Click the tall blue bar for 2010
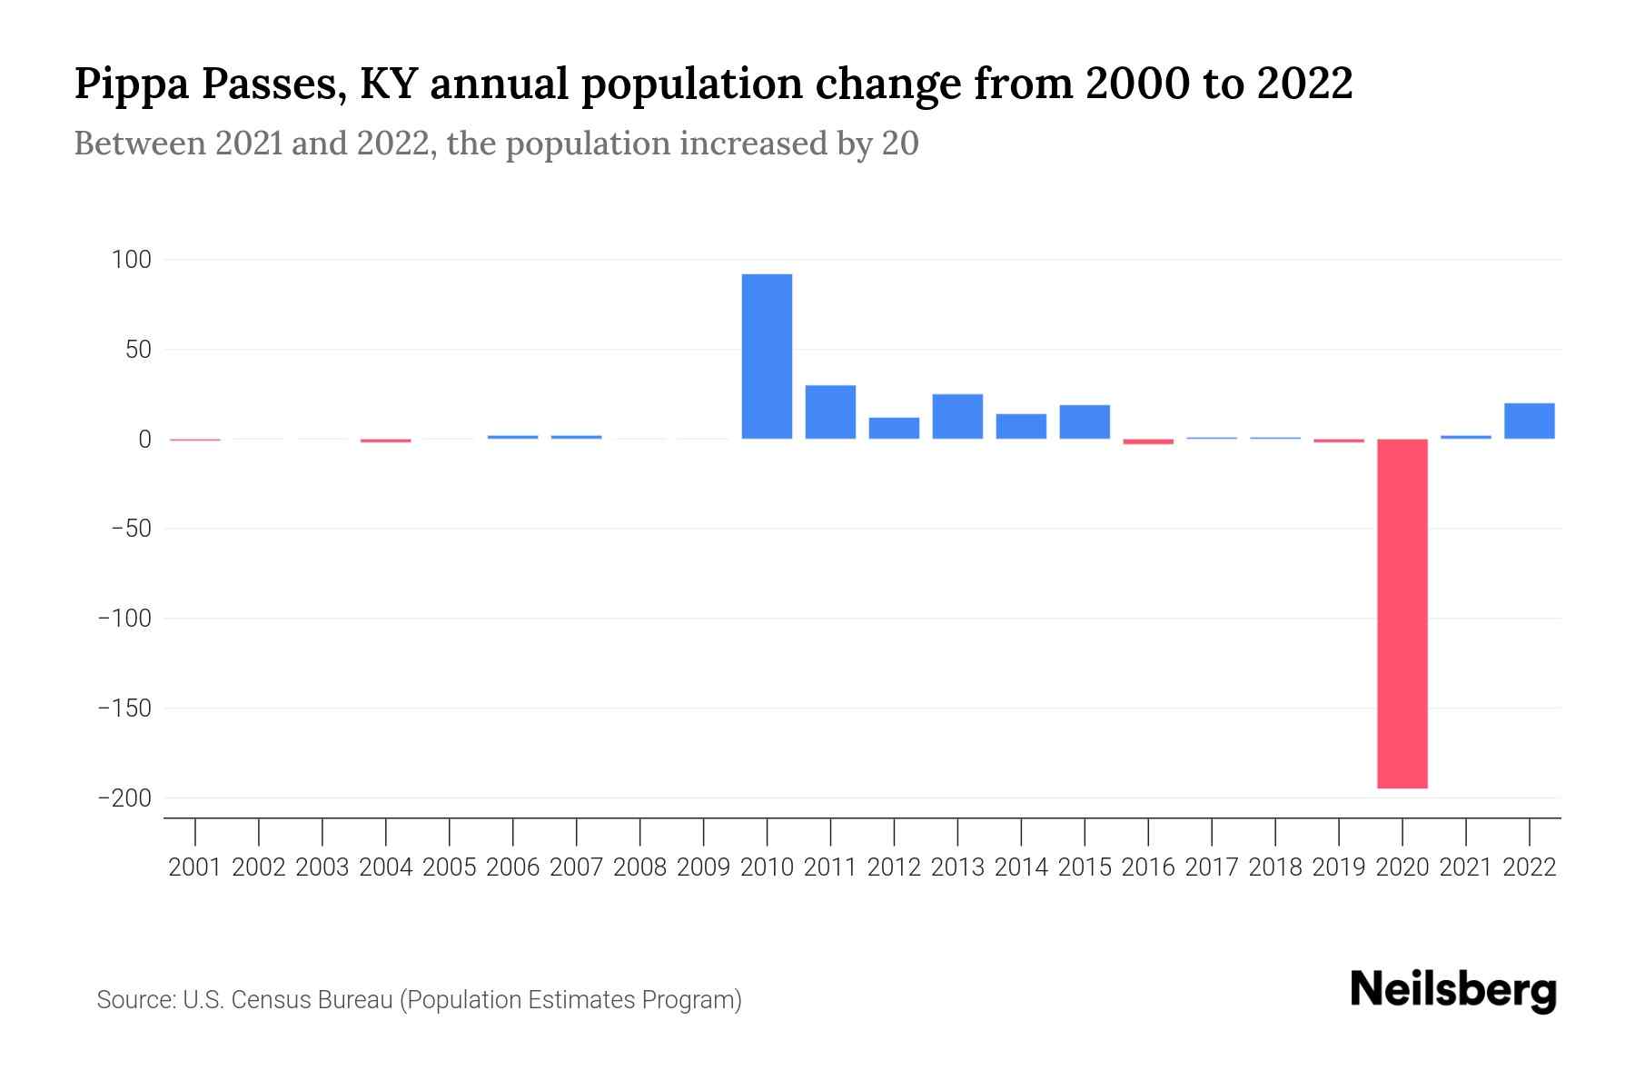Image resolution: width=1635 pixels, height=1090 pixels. coord(767,356)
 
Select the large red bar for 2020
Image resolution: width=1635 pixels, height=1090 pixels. coord(1402,613)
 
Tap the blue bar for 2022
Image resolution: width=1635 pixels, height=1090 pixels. coord(1530,421)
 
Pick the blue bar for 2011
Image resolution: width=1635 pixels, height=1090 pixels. coord(830,411)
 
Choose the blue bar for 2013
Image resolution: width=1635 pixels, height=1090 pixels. coord(957,416)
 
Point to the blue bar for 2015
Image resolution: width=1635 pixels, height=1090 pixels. coord(1085,421)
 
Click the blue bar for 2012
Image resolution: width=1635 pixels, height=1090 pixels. coord(894,428)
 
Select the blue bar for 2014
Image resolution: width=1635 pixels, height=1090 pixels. coord(1021,426)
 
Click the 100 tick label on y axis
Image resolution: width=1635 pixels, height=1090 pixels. coord(131,260)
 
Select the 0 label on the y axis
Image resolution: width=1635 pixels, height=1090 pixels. coord(144,440)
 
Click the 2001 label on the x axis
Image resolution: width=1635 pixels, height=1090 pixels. coord(195,867)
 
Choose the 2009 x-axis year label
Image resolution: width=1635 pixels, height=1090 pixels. coord(703,867)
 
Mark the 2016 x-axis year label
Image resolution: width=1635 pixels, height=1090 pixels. coord(1148,867)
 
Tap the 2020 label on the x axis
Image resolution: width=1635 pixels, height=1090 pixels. coord(1402,867)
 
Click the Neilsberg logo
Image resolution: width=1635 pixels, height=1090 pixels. coord(1453,990)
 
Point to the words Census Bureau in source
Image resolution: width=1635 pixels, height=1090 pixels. coord(314,1000)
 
